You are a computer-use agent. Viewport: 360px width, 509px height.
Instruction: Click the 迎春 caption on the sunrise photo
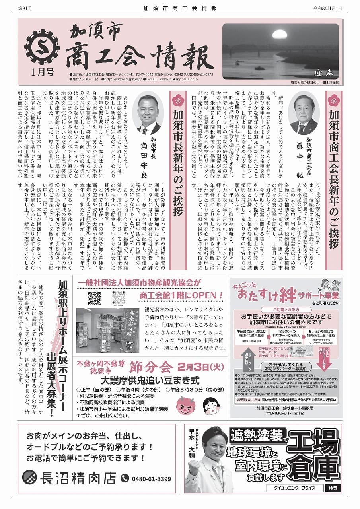click(323, 74)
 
